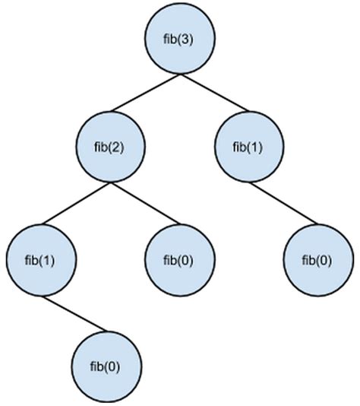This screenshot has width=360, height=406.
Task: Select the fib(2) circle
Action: [x=109, y=146]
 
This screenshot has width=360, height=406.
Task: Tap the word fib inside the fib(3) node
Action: [x=170, y=40]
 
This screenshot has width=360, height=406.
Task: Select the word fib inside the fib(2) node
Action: [x=102, y=146]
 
